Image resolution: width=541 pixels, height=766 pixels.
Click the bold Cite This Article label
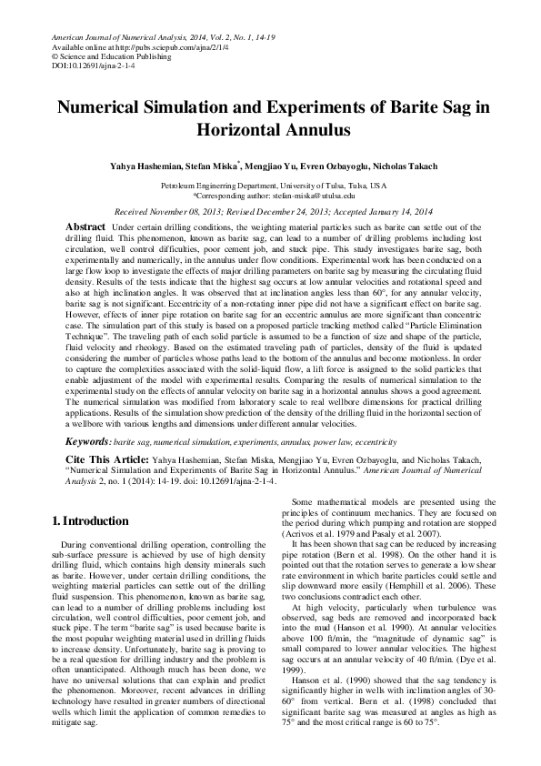[107, 460]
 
